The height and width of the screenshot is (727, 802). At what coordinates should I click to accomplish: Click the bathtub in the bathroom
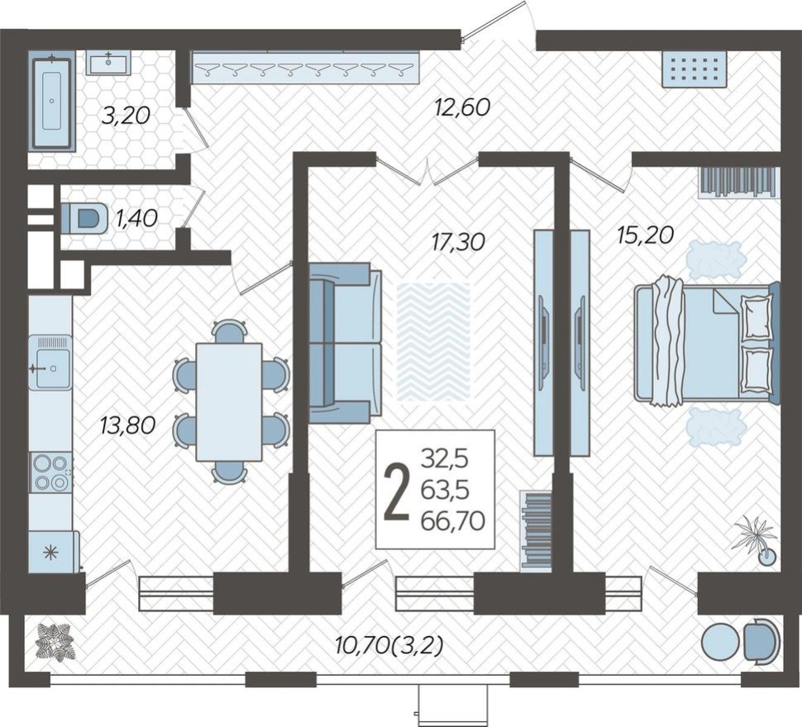click(52, 101)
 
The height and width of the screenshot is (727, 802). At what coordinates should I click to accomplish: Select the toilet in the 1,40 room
click(87, 219)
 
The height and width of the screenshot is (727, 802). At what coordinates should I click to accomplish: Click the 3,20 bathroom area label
click(125, 116)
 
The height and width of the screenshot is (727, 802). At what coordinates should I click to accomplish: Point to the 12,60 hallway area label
click(464, 107)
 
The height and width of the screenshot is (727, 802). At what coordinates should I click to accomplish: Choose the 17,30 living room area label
click(457, 241)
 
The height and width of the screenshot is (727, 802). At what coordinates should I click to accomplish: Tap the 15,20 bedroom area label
click(645, 235)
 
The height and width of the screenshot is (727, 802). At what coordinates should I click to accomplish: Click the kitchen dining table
click(229, 402)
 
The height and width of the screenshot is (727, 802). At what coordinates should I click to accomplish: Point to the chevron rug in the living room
click(434, 341)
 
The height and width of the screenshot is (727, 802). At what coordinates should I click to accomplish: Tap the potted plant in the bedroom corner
click(757, 537)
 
